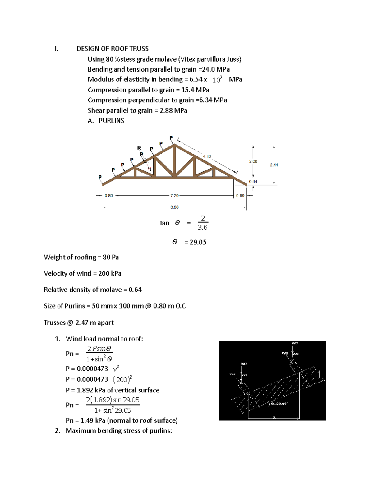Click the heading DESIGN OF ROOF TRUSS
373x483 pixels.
pyautogui.click(x=113, y=49)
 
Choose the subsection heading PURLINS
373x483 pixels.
pyautogui.click(x=111, y=121)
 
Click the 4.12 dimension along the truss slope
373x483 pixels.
pyautogui.click(x=207, y=157)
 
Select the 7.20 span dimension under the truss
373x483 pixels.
pyautogui.click(x=174, y=196)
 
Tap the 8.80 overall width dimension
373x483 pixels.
pyautogui.click(x=174, y=207)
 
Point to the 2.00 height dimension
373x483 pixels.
pyautogui.click(x=253, y=161)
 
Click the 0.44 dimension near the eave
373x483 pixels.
pyautogui.click(x=253, y=182)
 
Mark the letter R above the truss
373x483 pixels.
pyautogui.click(x=139, y=148)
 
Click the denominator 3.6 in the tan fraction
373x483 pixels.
pyautogui.click(x=202, y=228)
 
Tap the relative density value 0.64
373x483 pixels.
pyautogui.click(x=135, y=290)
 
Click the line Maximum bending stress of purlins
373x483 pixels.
pyautogui.click(x=119, y=431)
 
